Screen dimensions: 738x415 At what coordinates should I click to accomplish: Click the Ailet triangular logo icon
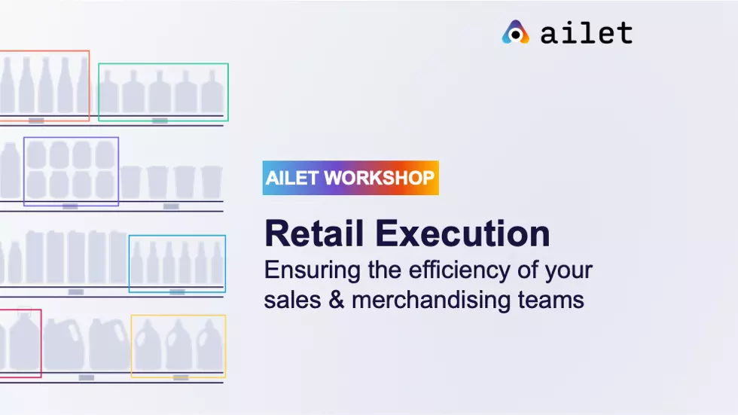point(515,32)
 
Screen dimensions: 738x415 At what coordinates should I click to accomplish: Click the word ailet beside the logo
point(587,33)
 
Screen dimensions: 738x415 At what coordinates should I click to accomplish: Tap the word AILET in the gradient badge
point(292,178)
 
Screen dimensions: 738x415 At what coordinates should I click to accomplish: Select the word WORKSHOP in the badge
point(379,178)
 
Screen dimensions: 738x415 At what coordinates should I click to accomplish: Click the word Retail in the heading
point(315,233)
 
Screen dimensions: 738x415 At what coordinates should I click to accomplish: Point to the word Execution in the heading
point(462,233)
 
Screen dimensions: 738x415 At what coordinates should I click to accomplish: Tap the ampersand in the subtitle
point(336,300)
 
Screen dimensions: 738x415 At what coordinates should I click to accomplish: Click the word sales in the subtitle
point(292,300)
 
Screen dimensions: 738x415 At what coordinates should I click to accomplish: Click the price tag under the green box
point(160,121)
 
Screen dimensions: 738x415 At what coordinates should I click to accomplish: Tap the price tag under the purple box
point(70,206)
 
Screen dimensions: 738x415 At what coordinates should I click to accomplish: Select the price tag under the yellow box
point(181,377)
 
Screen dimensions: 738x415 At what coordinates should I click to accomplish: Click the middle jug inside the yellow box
point(179,344)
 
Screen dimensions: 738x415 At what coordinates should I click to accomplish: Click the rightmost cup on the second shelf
point(212,182)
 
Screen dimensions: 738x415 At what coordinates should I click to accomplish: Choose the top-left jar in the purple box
point(36,155)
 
